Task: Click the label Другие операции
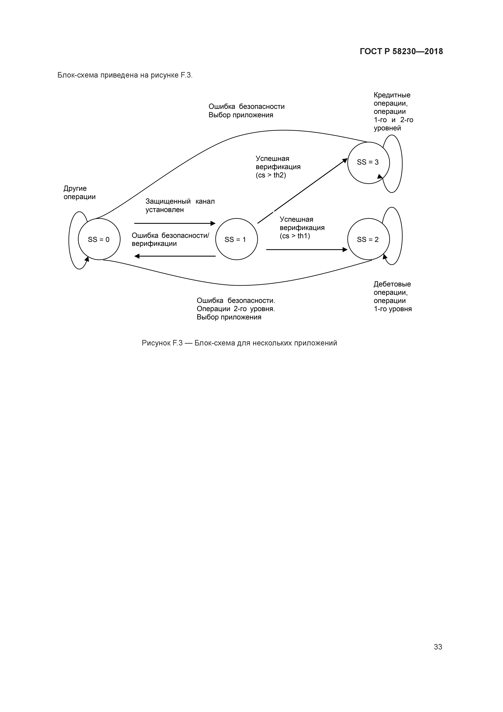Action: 79,193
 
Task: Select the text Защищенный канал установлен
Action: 180,206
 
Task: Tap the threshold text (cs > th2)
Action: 271,175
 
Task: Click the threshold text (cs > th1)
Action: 294,236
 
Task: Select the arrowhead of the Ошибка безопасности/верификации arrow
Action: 137,256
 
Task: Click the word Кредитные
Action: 392,95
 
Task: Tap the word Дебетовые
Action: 392,284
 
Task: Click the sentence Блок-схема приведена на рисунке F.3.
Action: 125,75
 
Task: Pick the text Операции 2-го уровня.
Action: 235,309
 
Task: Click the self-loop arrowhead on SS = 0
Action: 87,259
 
